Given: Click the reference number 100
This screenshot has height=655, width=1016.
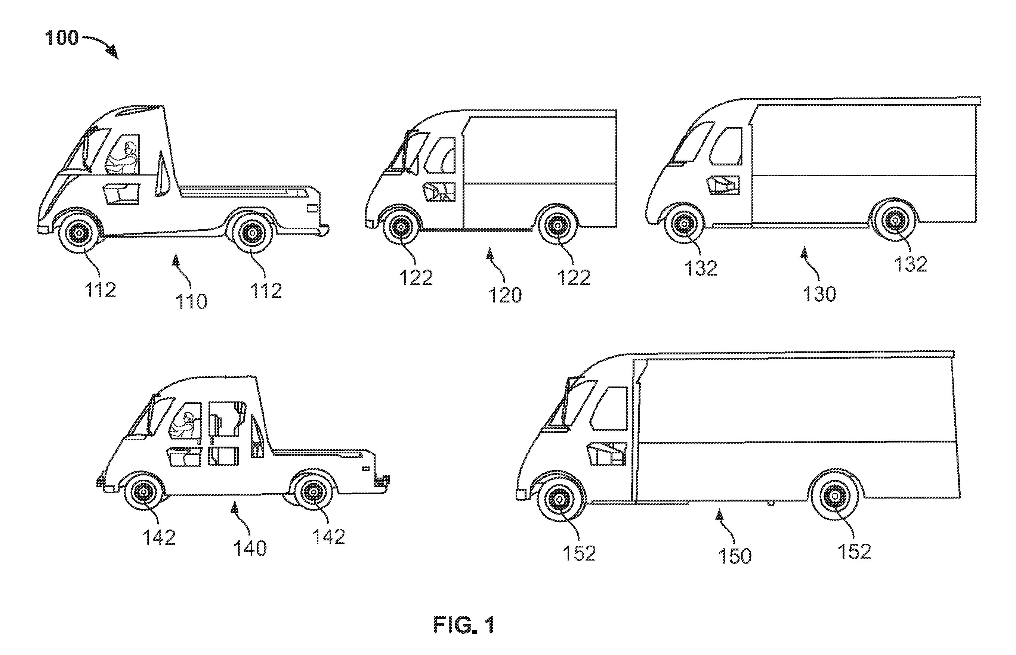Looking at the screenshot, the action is [62, 38].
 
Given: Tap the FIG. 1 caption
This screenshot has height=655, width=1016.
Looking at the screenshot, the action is [464, 625].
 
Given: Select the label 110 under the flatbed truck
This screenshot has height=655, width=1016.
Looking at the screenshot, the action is [191, 302].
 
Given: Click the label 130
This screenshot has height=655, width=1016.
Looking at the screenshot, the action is [819, 294].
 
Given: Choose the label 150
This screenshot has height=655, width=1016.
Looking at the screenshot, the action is [735, 556].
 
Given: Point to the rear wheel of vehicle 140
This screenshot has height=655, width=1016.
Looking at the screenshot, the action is [314, 492].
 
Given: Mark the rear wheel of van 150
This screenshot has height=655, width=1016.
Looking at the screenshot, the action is [834, 496].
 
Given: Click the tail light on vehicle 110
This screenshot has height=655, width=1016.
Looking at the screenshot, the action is [312, 208].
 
